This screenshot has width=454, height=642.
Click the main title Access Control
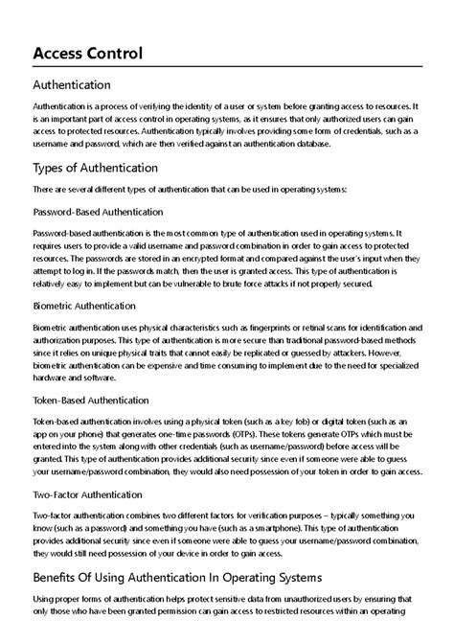tap(87, 54)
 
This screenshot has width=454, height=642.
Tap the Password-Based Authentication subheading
tap(98, 212)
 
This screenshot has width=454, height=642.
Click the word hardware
tap(52, 378)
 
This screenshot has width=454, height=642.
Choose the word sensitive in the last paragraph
tap(208, 600)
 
